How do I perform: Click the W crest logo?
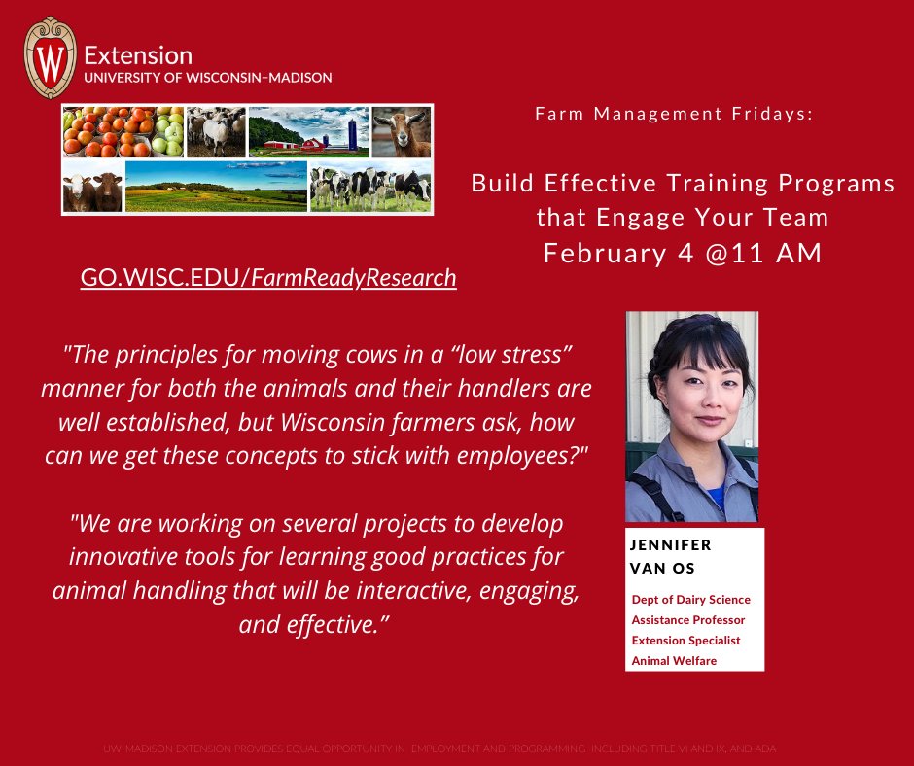[50, 59]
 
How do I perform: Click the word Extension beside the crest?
[138, 55]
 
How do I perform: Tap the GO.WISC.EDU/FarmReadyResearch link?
[268, 278]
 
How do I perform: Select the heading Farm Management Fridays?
[673, 115]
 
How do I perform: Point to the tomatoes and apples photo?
[123, 131]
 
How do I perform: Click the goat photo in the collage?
[401, 131]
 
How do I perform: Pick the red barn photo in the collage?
[307, 131]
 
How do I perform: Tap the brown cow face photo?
[92, 187]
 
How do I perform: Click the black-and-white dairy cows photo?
[369, 187]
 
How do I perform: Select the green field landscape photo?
[216, 187]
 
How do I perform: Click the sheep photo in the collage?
[215, 131]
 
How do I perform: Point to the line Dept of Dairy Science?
[690, 600]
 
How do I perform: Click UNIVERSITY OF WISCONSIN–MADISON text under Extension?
[208, 77]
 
